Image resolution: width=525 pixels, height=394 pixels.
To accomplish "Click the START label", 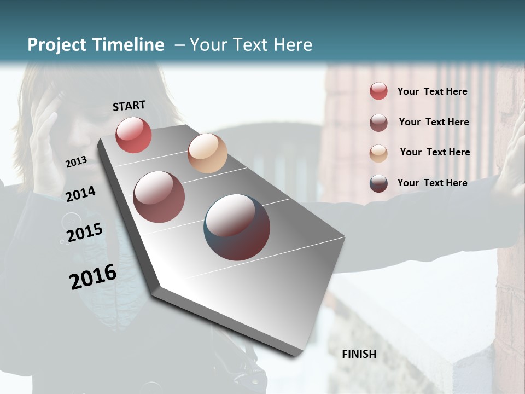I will coord(129,106).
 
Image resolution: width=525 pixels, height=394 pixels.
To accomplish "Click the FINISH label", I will coord(359,354).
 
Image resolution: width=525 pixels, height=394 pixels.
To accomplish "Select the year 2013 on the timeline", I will coord(76,162).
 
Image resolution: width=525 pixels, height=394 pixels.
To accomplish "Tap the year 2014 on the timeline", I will coord(80,194).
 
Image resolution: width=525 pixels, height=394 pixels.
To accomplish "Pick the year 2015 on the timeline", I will coord(84,233).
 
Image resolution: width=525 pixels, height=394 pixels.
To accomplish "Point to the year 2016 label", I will coord(92,277).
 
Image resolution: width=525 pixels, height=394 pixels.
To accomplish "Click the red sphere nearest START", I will coord(133,135).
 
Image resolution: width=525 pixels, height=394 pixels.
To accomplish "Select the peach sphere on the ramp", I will coord(207,153).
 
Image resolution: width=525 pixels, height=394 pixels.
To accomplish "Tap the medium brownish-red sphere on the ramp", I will coord(159,197).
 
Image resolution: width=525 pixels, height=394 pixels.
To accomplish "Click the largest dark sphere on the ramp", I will coord(237,227).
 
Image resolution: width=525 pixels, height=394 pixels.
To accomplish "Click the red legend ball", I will coord(378,91).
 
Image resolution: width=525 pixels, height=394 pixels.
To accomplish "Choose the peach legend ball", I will coord(378,153).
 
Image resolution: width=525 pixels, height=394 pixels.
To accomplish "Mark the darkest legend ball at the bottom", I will coord(378,183).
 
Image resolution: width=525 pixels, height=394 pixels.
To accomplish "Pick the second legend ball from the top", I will coord(378,123).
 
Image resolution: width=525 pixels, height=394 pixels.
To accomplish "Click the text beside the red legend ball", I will coord(432,92).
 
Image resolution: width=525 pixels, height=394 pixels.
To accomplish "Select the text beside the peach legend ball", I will coord(435,152).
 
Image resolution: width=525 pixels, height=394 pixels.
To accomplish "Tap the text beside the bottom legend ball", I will coord(432,183).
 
